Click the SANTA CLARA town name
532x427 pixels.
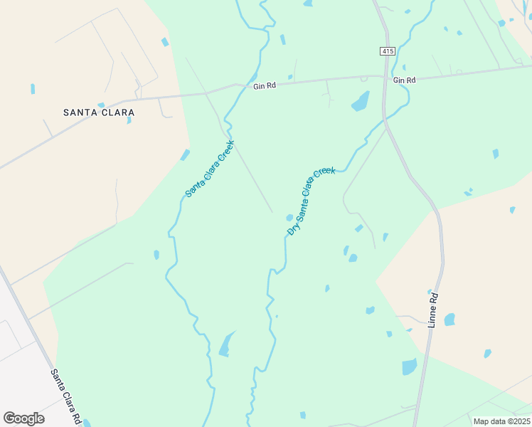pyautogui.click(x=99, y=112)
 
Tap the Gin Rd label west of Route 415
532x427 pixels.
pyautogui.click(x=264, y=86)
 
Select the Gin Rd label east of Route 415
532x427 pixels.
pyautogui.click(x=404, y=80)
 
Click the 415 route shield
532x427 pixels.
pyautogui.click(x=386, y=51)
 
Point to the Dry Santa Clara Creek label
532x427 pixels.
pyautogui.click(x=311, y=201)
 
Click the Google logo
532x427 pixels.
pyautogui.click(x=23, y=418)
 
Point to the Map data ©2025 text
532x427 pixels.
pyautogui.click(x=501, y=421)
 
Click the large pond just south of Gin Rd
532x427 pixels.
pyautogui.click(x=361, y=102)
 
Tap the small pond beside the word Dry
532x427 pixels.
pyautogui.click(x=289, y=218)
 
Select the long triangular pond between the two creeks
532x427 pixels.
pyautogui.click(x=226, y=344)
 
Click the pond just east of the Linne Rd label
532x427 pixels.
pyautogui.click(x=449, y=320)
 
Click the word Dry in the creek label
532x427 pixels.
pyautogui.click(x=292, y=227)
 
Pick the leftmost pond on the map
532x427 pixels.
pyautogui.click(x=33, y=89)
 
